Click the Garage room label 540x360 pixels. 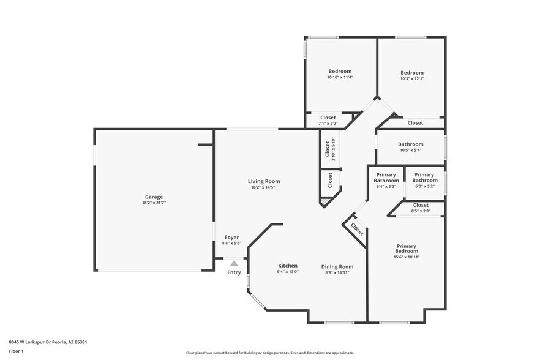(x=154, y=197)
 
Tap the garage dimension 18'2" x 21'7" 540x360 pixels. (x=154, y=203)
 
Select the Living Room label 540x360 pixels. (x=264, y=181)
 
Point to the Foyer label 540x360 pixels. (x=231, y=238)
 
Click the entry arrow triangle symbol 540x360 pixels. (x=234, y=263)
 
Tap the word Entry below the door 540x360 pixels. (x=234, y=272)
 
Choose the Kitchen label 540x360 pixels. (x=288, y=266)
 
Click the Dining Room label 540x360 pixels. (x=337, y=266)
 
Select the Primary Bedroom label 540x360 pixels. (x=407, y=248)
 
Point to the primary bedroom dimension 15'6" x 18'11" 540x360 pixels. (x=407, y=257)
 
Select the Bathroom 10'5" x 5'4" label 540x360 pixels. (x=410, y=144)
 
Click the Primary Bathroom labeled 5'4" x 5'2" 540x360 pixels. (x=386, y=178)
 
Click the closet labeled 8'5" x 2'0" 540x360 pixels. (x=421, y=205)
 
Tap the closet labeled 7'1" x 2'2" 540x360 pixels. (x=328, y=118)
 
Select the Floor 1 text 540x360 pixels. (x=16, y=351)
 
